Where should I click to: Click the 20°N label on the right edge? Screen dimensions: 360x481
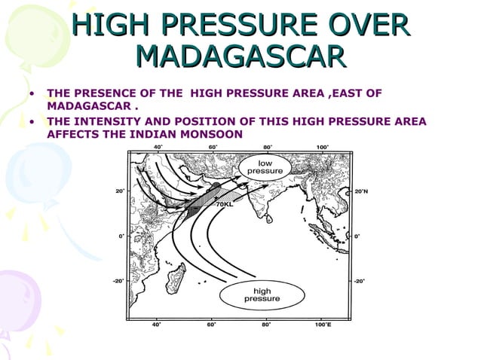tap(361, 191)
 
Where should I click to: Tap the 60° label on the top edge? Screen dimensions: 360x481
tap(213, 147)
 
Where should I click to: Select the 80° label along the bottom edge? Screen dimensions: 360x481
tap(267, 325)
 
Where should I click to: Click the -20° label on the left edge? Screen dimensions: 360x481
tap(118, 281)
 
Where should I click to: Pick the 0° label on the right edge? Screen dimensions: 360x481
tap(357, 236)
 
